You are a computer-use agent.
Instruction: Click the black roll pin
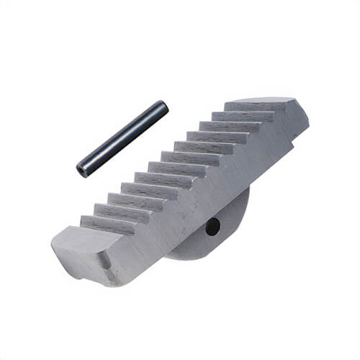pyautogui.click(x=122, y=139)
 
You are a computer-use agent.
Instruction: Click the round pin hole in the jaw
pyautogui.click(x=212, y=227)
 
